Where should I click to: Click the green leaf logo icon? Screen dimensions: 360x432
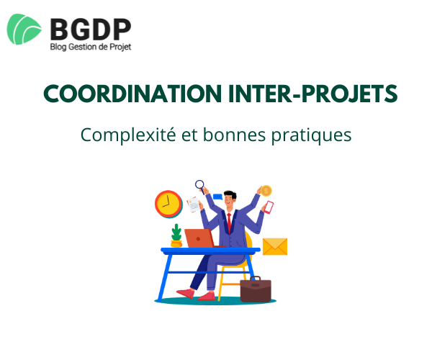click(x=26, y=30)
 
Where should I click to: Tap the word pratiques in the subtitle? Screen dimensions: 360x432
click(x=315, y=135)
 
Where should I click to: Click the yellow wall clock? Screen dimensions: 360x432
click(x=167, y=204)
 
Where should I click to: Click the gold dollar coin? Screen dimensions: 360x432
click(x=265, y=191)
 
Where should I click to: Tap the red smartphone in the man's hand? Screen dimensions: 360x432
click(x=268, y=207)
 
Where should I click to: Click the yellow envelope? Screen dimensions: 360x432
click(x=274, y=246)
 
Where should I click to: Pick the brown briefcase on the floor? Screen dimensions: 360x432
click(x=255, y=289)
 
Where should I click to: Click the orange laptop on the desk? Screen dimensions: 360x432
click(x=199, y=238)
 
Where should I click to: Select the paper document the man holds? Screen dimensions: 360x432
click(x=193, y=204)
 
